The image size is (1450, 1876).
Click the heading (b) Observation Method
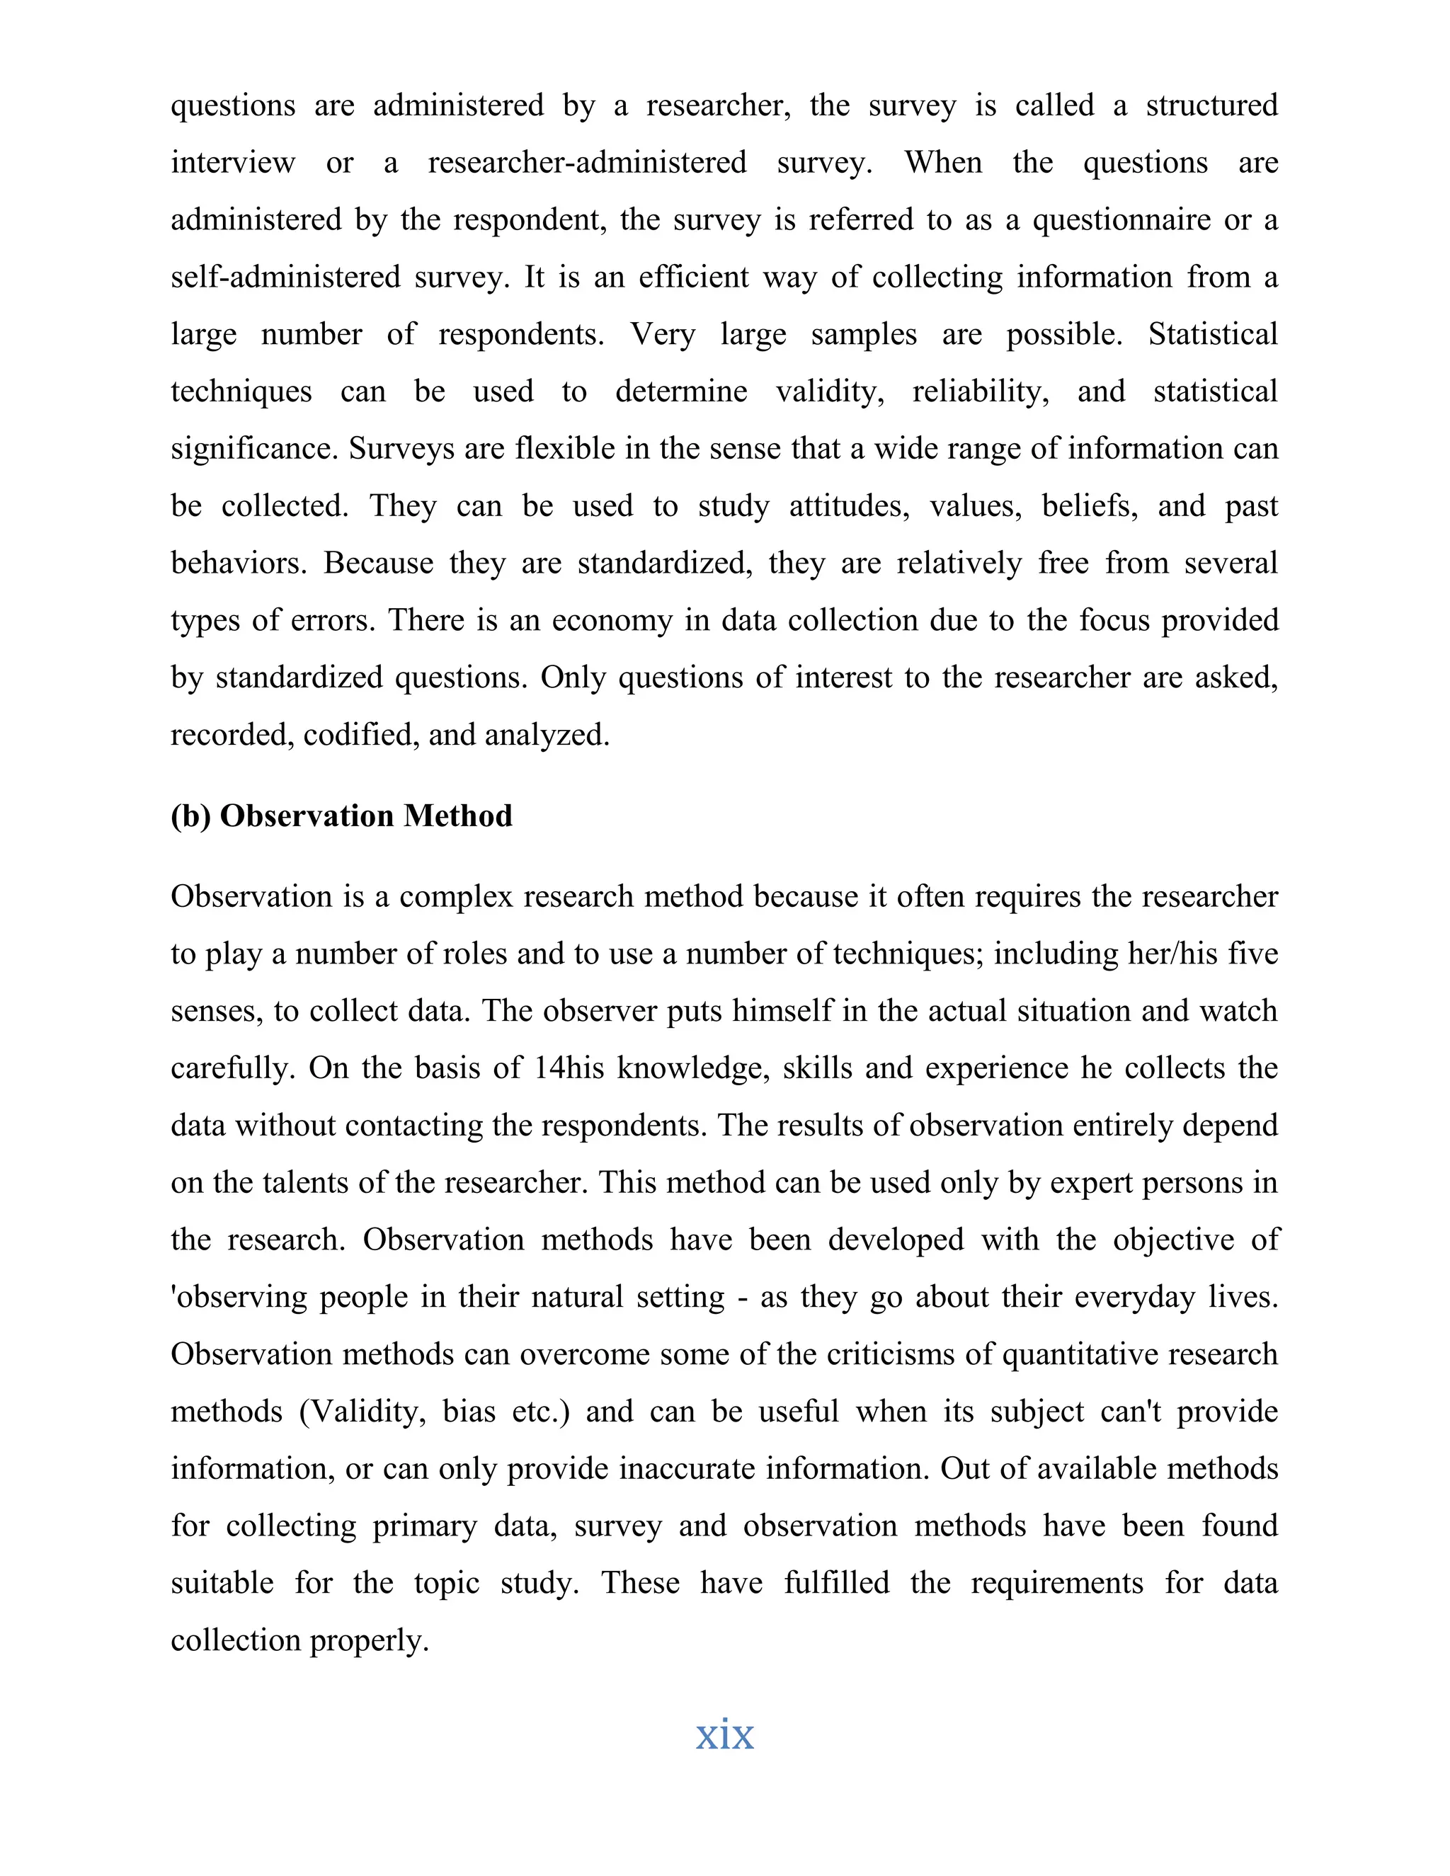341,815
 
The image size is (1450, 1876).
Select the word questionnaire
1123,220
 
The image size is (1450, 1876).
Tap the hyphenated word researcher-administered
587,162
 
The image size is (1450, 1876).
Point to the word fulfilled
837,1582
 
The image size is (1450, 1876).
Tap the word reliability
980,391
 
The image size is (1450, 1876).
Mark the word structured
1211,105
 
